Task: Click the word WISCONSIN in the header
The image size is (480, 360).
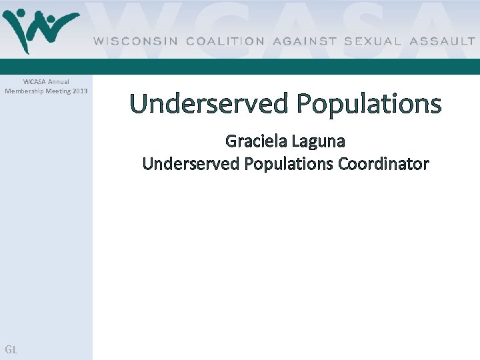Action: coord(136,41)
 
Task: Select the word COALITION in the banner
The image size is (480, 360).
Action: coord(225,41)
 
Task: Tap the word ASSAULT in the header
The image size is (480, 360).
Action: coord(443,41)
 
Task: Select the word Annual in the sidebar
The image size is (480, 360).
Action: coord(58,82)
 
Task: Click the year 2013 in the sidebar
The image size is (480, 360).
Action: coord(80,91)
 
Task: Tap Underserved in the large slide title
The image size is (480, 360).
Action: coord(210,104)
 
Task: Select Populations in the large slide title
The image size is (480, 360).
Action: coord(369,104)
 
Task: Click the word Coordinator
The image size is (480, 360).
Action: coord(383,164)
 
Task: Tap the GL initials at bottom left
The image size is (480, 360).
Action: coord(11,349)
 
